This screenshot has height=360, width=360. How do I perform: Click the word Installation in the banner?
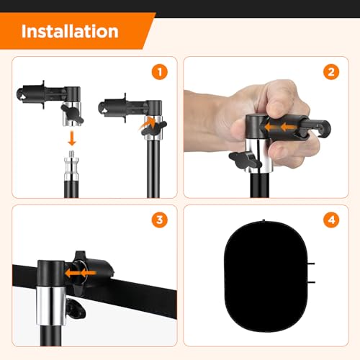(70, 32)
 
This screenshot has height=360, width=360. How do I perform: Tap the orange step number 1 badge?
(160, 72)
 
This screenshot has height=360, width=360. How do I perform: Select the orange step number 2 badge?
(331, 72)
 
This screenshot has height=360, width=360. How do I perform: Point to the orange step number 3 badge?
(160, 220)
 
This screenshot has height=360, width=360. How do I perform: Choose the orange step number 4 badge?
(331, 220)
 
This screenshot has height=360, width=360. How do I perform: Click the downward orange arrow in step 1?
(72, 138)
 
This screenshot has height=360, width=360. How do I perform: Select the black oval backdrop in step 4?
(266, 276)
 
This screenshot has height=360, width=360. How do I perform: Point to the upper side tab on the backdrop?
(311, 264)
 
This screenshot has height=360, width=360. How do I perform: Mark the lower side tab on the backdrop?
(311, 282)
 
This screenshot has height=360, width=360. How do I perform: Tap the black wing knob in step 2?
(245, 161)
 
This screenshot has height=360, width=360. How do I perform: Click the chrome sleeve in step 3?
(51, 306)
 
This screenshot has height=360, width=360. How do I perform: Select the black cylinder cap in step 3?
(51, 274)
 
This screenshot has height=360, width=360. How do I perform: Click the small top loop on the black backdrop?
(264, 220)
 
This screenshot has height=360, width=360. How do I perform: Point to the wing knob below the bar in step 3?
(76, 309)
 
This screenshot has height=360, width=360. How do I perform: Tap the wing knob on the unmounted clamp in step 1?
(72, 114)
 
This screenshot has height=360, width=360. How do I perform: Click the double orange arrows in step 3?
(80, 273)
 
